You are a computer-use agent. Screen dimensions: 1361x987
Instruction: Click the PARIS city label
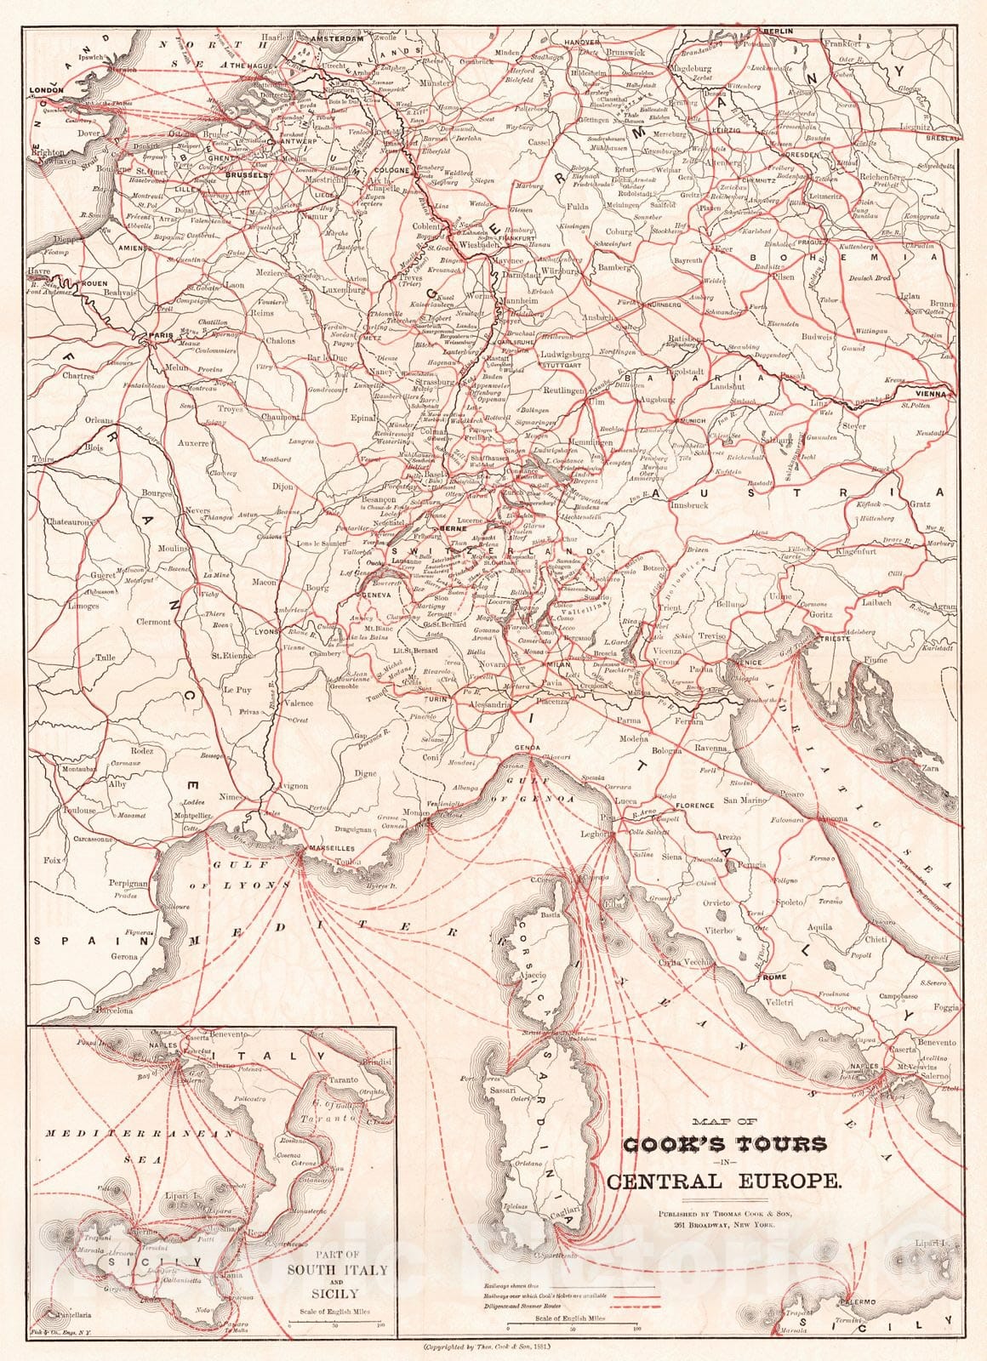160,336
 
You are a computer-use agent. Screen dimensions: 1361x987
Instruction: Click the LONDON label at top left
47,88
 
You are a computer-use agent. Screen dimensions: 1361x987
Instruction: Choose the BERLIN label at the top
779,31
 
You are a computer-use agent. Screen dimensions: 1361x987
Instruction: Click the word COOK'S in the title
672,1144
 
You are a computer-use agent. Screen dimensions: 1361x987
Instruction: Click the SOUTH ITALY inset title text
338,1294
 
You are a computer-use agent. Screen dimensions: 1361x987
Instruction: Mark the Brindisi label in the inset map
374,1063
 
